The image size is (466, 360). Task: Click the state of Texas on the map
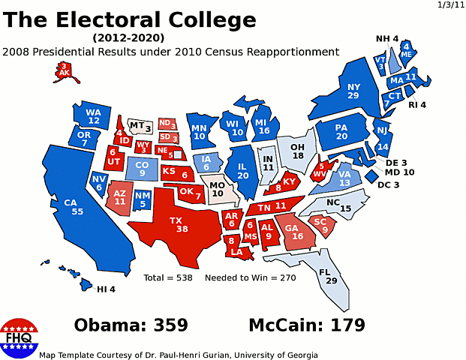coord(180,224)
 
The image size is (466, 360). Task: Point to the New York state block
coord(353,90)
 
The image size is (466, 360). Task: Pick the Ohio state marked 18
coord(297,150)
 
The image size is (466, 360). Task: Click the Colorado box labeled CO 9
coord(141,169)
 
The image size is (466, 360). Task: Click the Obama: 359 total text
coord(131,325)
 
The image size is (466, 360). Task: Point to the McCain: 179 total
coord(307,325)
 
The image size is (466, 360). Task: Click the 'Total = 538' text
coord(168,277)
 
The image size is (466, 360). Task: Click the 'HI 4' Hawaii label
coord(106,289)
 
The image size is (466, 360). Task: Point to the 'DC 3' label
coord(389,184)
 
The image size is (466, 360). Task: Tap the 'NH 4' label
coord(387,39)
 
